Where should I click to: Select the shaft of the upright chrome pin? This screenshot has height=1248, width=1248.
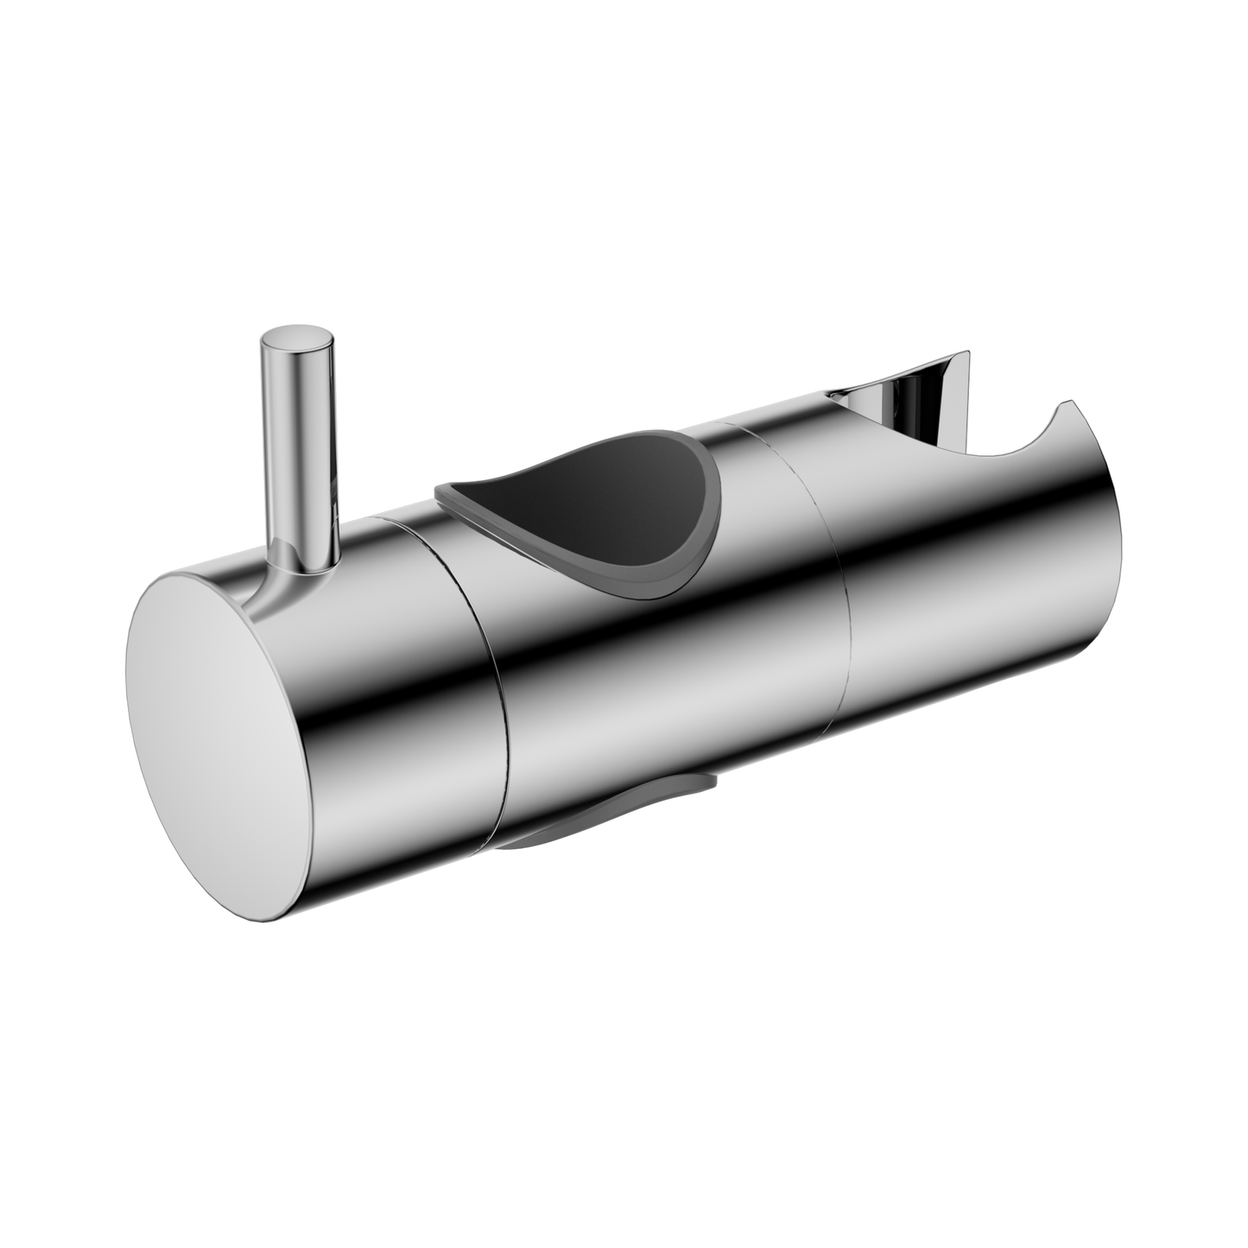[x=296, y=449]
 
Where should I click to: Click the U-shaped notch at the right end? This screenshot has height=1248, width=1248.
[x=1019, y=445]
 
